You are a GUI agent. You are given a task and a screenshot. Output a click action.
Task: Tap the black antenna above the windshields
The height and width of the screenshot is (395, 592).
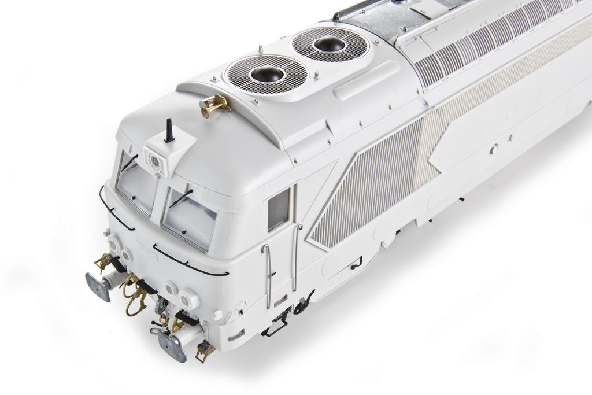click(169, 131)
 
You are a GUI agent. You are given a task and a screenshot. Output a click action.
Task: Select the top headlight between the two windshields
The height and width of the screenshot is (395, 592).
click(156, 157)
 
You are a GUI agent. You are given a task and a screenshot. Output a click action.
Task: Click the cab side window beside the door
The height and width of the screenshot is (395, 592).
click(278, 209)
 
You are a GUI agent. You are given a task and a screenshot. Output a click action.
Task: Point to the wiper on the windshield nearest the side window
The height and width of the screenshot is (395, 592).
click(180, 199)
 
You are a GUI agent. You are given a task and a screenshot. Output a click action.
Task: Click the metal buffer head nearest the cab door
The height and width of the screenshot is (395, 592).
click(172, 346)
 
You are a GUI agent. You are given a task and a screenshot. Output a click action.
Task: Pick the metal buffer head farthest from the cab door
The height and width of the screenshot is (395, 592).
click(98, 287)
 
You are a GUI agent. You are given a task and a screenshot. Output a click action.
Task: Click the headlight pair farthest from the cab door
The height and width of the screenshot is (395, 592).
click(119, 248)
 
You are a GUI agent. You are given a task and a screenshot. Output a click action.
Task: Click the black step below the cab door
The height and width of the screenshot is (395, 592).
click(275, 327)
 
